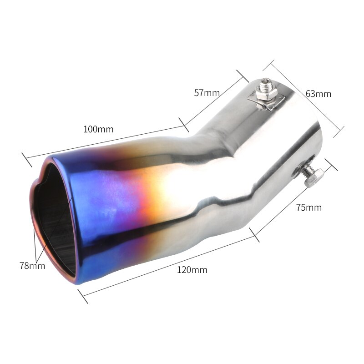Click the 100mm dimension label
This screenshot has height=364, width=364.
[98, 129]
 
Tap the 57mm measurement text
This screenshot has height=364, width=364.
[207, 93]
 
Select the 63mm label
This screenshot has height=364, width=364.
[318, 94]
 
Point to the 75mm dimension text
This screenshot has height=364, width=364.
[308, 207]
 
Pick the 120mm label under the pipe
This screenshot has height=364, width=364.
[192, 270]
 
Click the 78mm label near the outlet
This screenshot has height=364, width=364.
[32, 266]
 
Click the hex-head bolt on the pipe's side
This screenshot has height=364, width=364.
[312, 177]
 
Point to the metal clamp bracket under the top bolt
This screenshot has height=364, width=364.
[266, 102]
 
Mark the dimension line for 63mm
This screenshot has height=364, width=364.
[304, 99]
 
